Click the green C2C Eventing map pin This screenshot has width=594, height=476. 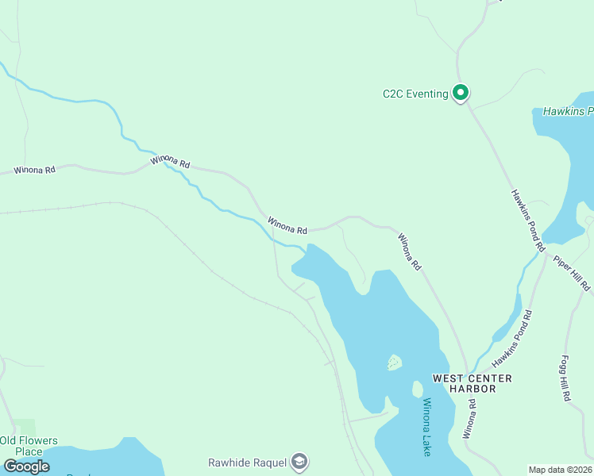pos(461,93)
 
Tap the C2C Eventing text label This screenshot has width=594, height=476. pos(415,94)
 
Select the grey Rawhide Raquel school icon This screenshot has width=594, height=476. pos(299,461)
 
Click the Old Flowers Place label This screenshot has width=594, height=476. pos(29,446)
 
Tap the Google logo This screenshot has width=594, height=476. pos(27,466)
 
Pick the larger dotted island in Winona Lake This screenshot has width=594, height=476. pos(394,363)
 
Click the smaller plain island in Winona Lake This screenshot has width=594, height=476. pos(417,389)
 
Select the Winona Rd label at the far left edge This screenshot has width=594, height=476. pos(34,170)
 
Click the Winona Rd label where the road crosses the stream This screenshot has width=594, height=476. pos(171,163)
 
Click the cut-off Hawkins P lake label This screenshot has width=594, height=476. pos(568,112)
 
